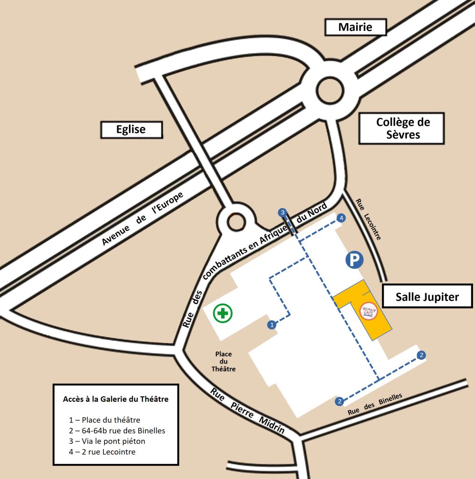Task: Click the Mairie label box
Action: click(355, 27)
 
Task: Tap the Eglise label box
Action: click(131, 130)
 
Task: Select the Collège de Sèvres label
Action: click(401, 128)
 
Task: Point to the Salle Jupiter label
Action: click(427, 297)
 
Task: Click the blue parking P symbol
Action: click(354, 260)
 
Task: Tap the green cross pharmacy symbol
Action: click(223, 312)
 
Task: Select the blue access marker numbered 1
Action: click(271, 324)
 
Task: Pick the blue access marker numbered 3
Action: click(282, 212)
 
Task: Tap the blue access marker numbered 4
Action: click(342, 218)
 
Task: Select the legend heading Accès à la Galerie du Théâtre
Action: click(115, 399)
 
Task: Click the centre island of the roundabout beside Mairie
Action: click(330, 89)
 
